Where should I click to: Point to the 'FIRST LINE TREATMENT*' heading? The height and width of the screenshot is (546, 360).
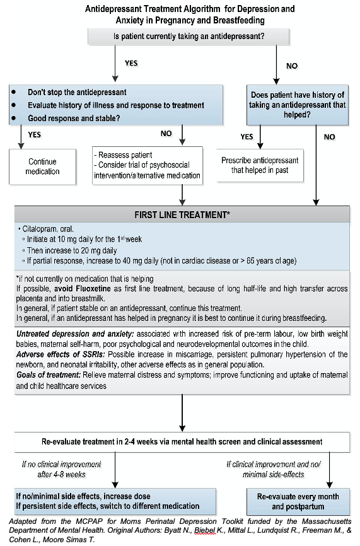tap(182, 215)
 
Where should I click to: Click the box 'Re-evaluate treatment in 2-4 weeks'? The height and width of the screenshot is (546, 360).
tap(182, 441)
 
